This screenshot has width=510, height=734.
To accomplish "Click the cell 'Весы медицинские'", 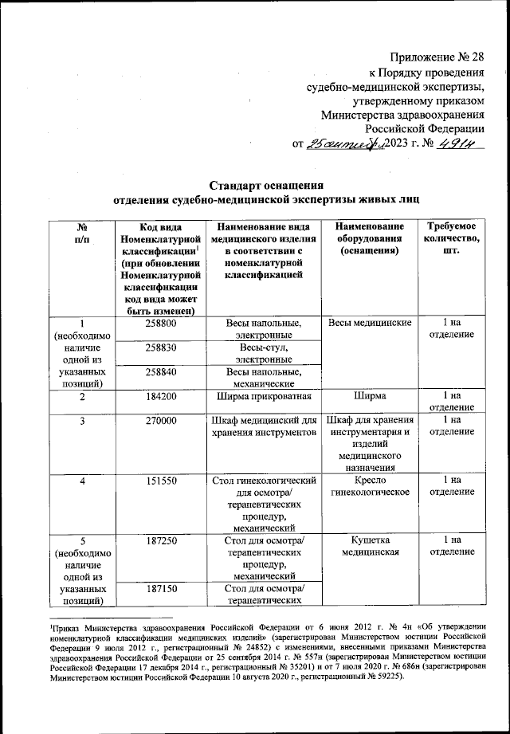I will [x=369, y=324].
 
